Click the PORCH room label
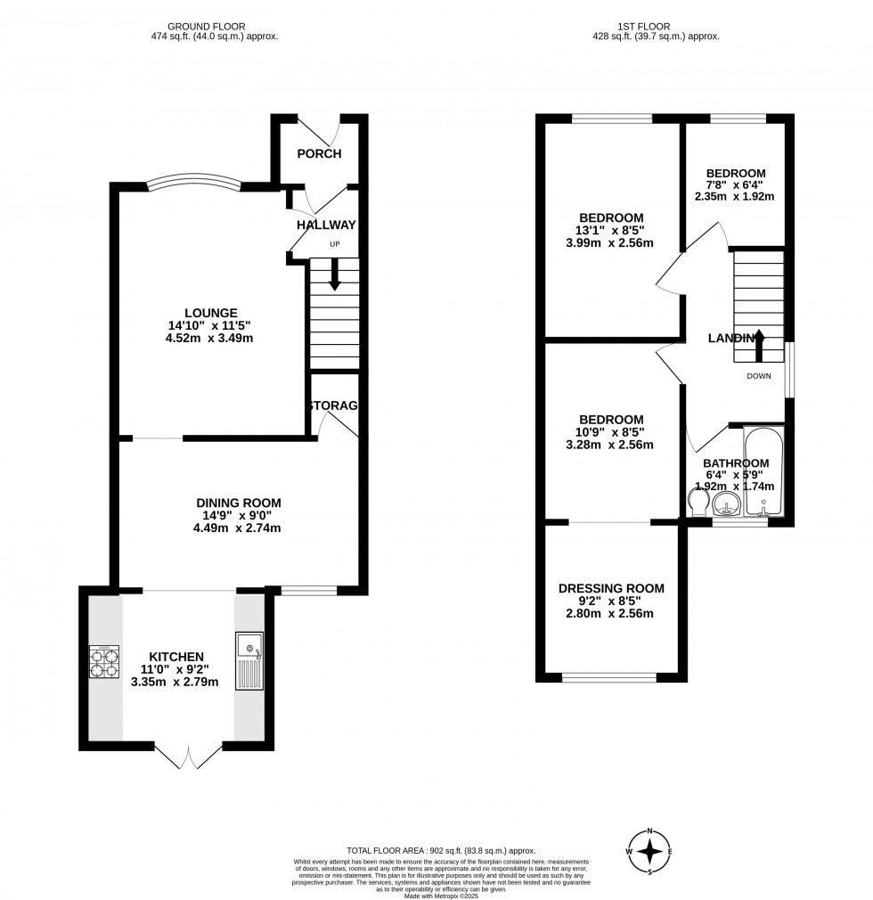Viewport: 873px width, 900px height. [319, 153]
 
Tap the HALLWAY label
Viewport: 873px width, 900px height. [326, 225]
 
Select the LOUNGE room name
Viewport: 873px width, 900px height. [211, 313]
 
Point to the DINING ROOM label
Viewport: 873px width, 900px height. [237, 503]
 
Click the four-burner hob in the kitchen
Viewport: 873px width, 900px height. [102, 662]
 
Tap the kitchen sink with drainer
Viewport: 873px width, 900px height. [249, 660]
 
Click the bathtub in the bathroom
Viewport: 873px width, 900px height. [764, 472]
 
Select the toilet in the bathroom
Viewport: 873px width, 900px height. [698, 503]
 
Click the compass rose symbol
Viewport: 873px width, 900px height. [651, 852]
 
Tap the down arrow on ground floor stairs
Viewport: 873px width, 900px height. [335, 274]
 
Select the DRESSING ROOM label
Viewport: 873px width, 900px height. [611, 588]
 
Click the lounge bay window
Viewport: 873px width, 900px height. [194, 182]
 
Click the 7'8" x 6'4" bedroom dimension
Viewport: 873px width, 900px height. [736, 185]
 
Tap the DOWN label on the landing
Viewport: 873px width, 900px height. [759, 376]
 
